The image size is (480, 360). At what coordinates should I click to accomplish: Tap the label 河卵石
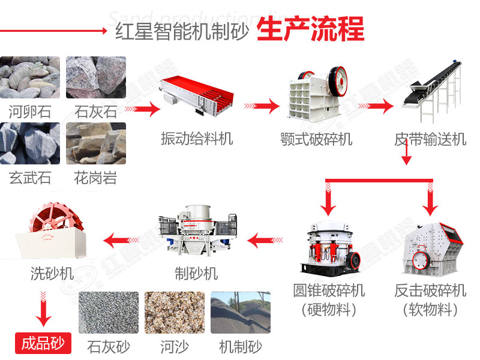pyautogui.click(x=30, y=110)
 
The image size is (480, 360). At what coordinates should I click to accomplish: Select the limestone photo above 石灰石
pyautogui.click(x=96, y=77)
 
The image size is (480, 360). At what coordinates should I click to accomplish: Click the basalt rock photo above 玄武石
pyautogui.click(x=30, y=143)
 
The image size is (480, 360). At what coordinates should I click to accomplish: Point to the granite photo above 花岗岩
pyautogui.click(x=96, y=143)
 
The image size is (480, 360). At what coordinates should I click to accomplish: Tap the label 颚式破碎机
pyautogui.click(x=316, y=139)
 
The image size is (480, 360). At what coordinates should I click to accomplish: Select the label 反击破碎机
pyautogui.click(x=430, y=291)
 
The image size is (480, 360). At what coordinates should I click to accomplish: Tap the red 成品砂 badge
pyautogui.click(x=43, y=344)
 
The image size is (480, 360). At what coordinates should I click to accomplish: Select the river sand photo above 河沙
pyautogui.click(x=174, y=313)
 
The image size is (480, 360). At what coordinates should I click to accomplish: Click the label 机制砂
pyautogui.click(x=240, y=346)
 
